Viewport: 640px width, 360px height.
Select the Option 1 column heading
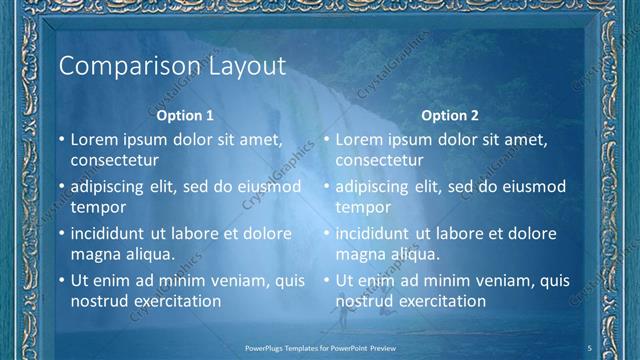point(185,115)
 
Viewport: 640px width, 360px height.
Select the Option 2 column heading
point(450,115)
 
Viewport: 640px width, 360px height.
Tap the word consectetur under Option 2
point(380,160)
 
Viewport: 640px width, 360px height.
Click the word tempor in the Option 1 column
point(98,207)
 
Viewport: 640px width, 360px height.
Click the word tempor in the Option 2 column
point(363,207)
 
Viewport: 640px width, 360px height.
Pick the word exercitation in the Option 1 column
point(176,300)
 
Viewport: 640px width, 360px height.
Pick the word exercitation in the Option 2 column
point(441,300)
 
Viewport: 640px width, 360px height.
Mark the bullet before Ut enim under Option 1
point(62,281)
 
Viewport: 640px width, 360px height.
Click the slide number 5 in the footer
point(590,347)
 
